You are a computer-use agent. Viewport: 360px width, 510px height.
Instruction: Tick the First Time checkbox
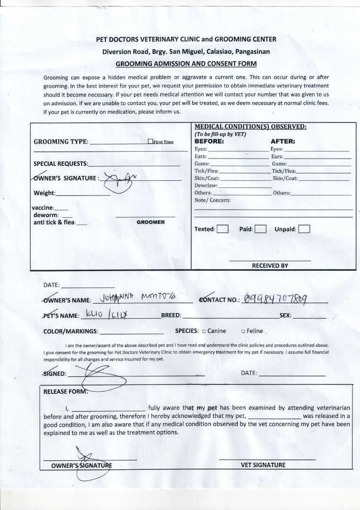pos(150,141)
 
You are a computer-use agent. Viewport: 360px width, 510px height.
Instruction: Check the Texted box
pos(223,229)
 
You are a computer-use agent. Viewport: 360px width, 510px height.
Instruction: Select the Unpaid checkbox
pos(304,229)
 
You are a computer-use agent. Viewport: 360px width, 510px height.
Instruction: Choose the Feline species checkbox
pos(243,331)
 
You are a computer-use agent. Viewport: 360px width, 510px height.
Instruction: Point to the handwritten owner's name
pos(135,298)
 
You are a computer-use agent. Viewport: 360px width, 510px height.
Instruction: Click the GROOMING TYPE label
pos(60,142)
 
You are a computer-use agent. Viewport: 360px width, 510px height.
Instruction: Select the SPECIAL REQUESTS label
pos(60,164)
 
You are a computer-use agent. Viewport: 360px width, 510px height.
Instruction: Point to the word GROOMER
pos(151,222)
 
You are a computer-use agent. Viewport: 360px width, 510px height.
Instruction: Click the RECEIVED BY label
pos(270,266)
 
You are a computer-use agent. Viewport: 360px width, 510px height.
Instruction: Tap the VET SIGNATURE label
pos(263,465)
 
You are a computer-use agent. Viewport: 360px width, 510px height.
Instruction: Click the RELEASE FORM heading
pos(65,391)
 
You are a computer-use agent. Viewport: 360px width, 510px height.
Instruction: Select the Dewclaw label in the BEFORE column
pos(206,186)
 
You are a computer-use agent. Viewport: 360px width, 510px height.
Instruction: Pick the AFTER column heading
pos(283,141)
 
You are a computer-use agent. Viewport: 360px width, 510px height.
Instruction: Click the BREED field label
pos(171,315)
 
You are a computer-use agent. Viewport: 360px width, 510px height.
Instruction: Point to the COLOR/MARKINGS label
pos(71,331)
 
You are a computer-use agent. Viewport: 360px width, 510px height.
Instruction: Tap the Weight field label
pos(44,193)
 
